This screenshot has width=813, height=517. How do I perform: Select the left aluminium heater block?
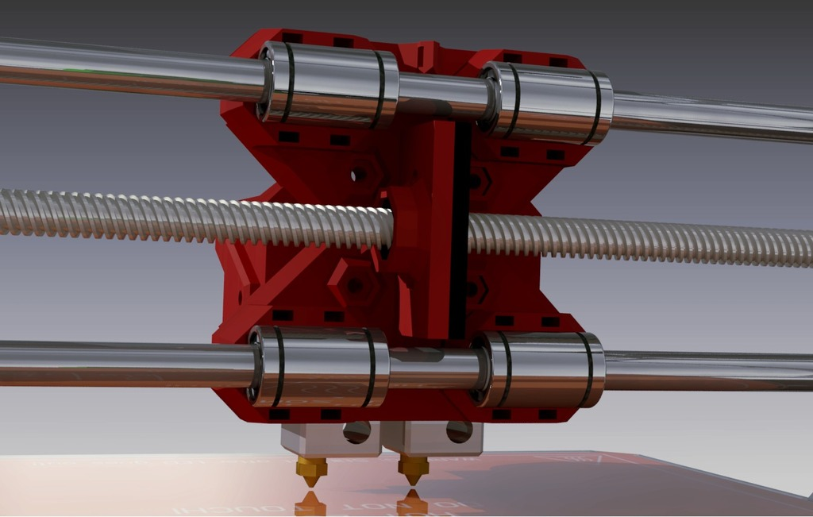pos(329,439)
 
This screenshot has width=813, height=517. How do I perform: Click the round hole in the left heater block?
pos(356,431)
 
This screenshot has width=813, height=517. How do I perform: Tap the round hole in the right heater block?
pos(459,431)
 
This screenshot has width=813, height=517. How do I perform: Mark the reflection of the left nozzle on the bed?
pos(310,503)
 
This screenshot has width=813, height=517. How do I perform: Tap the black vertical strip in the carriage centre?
pos(459,230)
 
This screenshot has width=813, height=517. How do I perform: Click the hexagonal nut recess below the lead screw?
pos(358,286)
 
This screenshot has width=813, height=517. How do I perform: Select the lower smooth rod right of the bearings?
pos(707,371)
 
